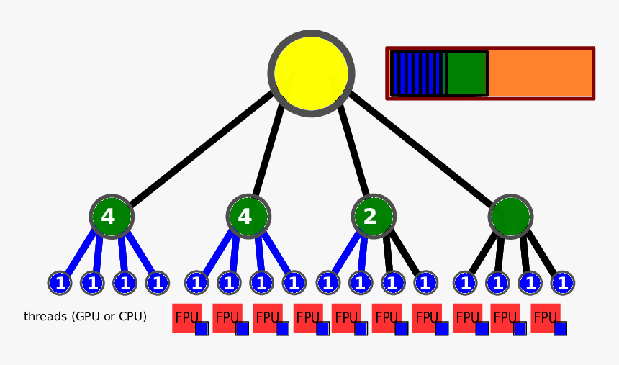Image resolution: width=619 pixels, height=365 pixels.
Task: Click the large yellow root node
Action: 312,73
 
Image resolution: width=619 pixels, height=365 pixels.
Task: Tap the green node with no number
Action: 510,217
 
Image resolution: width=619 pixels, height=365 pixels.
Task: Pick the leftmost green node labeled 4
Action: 112,216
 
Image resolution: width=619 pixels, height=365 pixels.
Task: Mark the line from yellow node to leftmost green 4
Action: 202,151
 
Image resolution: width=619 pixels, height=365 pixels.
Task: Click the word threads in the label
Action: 46,316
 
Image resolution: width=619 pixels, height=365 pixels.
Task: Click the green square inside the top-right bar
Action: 466,73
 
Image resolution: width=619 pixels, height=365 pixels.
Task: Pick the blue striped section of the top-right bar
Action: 418,73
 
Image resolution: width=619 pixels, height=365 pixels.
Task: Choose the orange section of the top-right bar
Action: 540,73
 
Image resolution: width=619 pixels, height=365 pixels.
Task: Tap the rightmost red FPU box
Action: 544,317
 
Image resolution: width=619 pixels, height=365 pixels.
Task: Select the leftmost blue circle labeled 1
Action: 60,283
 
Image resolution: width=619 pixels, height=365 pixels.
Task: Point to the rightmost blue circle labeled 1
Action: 563,283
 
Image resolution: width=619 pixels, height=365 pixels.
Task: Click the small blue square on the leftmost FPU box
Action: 202,328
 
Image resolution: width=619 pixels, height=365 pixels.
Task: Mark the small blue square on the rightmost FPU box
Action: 560,328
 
